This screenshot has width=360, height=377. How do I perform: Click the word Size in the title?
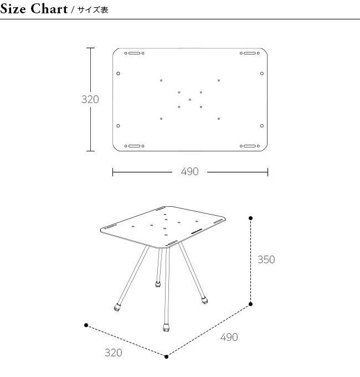click(x=13, y=9)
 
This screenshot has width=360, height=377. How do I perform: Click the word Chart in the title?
click(x=49, y=9)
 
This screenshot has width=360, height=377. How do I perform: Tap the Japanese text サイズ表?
click(x=93, y=10)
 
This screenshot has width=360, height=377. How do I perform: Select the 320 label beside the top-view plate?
click(x=90, y=99)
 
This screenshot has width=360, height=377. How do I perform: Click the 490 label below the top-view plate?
click(x=190, y=171)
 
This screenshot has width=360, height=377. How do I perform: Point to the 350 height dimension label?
click(x=266, y=259)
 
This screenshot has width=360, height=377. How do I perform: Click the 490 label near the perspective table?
click(x=229, y=337)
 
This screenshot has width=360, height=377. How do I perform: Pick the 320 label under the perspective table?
click(x=114, y=353)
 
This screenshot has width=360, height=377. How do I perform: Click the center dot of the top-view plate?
click(x=190, y=100)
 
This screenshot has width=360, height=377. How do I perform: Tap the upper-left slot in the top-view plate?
click(x=134, y=53)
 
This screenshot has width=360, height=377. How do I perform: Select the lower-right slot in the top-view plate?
click(x=250, y=146)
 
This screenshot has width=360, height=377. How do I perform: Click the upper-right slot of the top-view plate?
click(x=250, y=53)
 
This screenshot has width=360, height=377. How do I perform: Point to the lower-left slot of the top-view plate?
click(x=134, y=146)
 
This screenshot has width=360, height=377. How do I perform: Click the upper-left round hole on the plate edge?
click(x=118, y=73)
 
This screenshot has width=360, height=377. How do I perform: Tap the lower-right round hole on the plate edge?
click(x=262, y=126)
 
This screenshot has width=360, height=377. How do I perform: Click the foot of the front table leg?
click(x=166, y=328)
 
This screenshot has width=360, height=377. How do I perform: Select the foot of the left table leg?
click(x=117, y=308)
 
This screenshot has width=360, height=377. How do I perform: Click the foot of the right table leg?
click(x=204, y=301)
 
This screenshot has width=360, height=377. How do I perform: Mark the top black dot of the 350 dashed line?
click(x=250, y=218)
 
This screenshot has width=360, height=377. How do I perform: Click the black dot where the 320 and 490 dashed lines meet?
click(x=166, y=356)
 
